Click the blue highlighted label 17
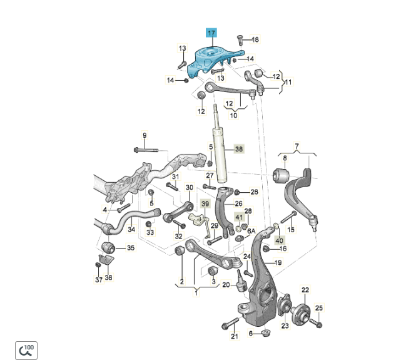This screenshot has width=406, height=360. pyautogui.click(x=211, y=33)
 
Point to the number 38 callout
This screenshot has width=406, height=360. pyautogui.click(x=238, y=149)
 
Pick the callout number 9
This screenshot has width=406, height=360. pyautogui.click(x=144, y=135)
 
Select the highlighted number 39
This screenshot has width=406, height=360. pyautogui.click(x=205, y=204)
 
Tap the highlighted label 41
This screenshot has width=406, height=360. pyautogui.click(x=239, y=217)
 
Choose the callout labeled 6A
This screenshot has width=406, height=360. pyautogui.click(x=251, y=231)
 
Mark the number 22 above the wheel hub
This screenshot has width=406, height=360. pyautogui.click(x=305, y=290)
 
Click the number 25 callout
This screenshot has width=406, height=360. pyautogui.click(x=319, y=307)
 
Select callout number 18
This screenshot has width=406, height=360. pyautogui.click(x=255, y=40)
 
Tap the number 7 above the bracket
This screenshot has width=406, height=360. pyautogui.click(x=297, y=147)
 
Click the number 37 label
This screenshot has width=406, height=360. pyautogui.click(x=98, y=280)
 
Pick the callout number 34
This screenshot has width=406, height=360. pyautogui.click(x=131, y=229)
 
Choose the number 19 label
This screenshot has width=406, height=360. pyautogui.click(x=278, y=262)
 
